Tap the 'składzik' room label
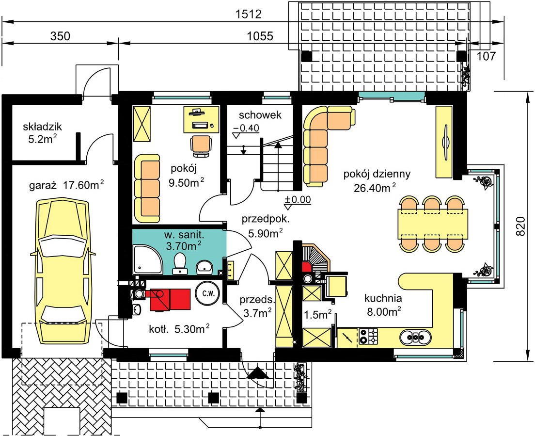coord(42,127)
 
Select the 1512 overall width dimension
coord(249,14)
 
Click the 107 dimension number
coord(486,56)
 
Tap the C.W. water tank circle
coord(208,293)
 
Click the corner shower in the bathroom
coord(147,259)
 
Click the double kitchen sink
coord(415,338)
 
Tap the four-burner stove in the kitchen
coord(369,336)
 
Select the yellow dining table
coord(433,224)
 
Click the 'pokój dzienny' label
coord(377,174)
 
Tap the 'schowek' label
coord(260,115)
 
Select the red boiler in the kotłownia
coord(170,299)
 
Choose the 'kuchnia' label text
coord(383,298)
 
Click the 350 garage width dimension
coord(60,36)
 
